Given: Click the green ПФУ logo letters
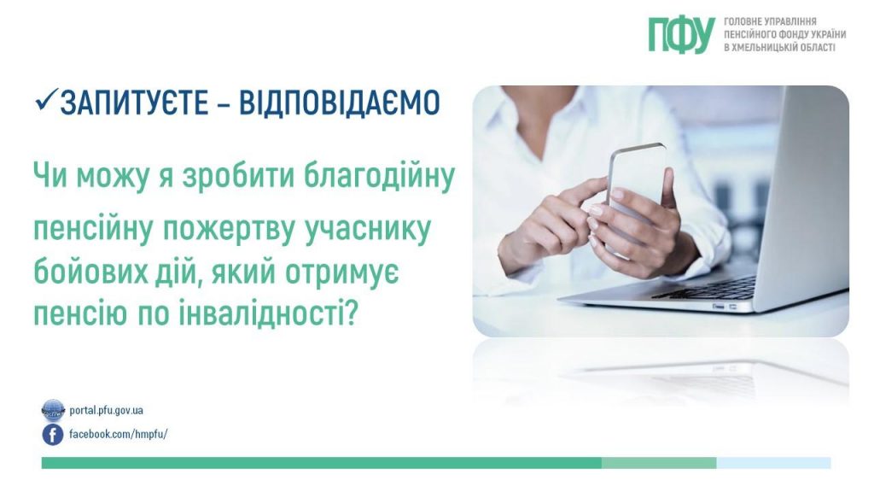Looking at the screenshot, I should (x=680, y=34).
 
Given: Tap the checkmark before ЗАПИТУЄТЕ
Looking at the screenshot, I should (x=44, y=101).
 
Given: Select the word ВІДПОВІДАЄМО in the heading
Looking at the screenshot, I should (x=339, y=103).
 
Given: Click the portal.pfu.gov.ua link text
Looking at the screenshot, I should (x=106, y=410).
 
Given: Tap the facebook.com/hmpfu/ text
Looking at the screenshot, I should (x=118, y=434).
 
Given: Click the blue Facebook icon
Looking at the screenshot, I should (x=53, y=435).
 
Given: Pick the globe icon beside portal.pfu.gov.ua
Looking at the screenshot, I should (x=53, y=410).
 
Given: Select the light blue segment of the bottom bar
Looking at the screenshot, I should (x=773, y=463).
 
